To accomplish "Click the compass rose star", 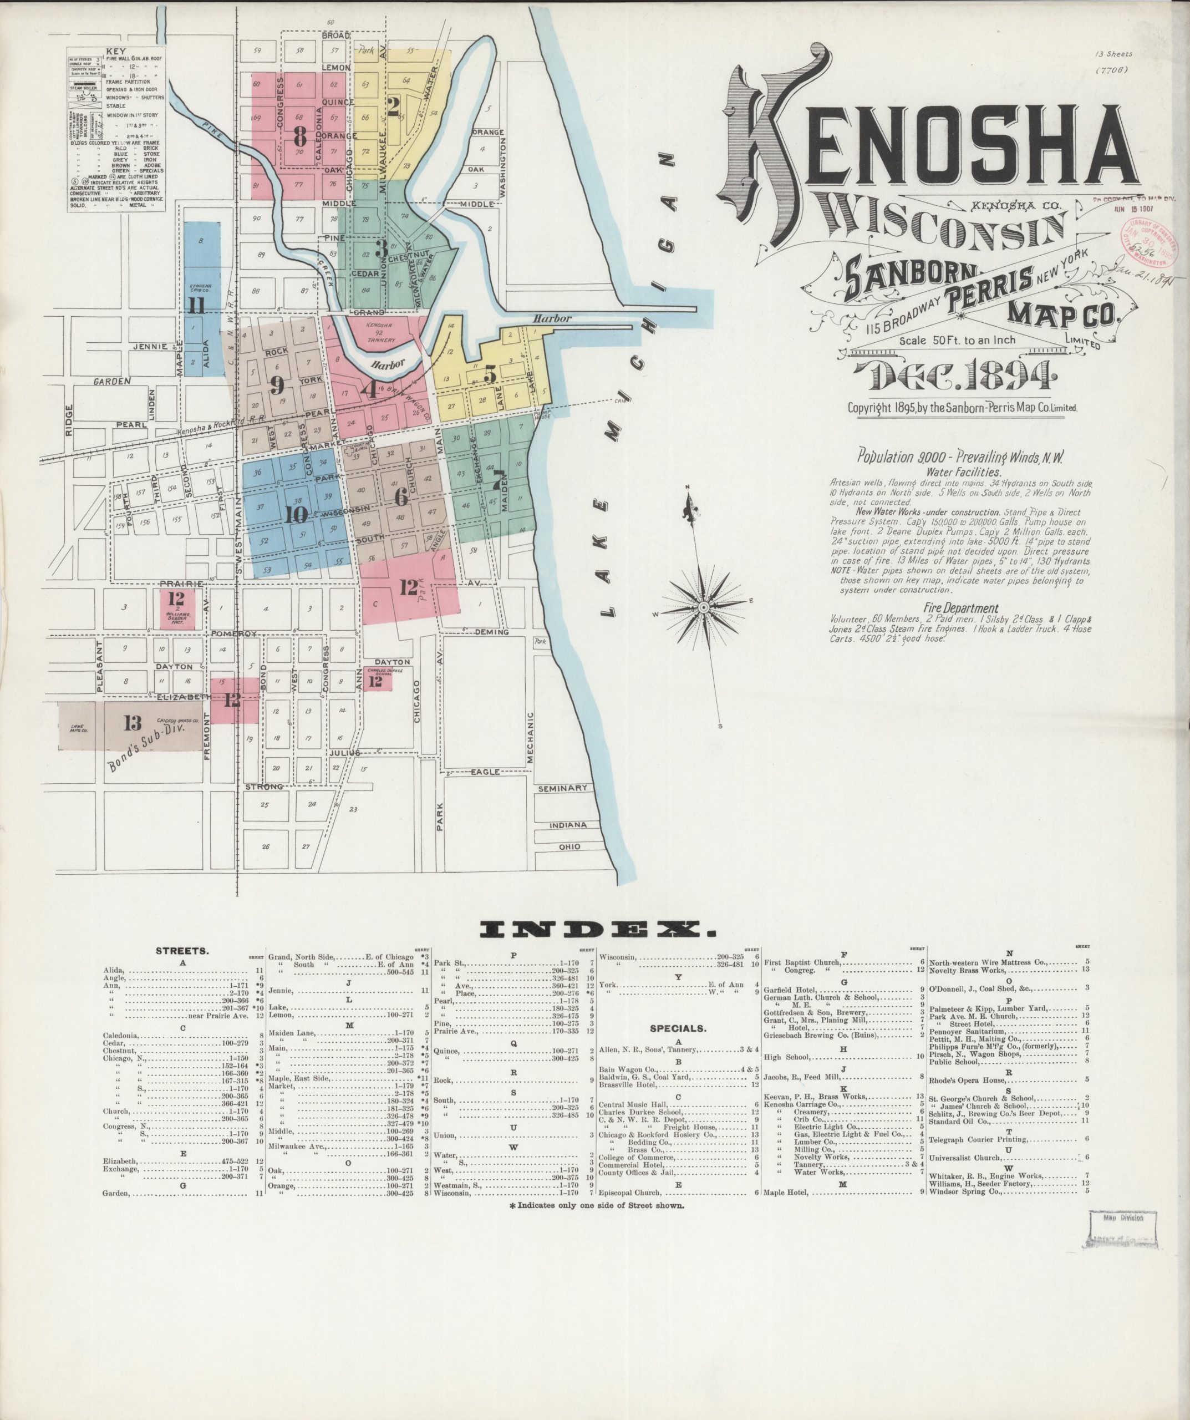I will (703, 608).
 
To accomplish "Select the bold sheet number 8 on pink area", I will (300, 137).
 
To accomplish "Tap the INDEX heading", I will (597, 931).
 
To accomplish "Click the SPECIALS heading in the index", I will (678, 1028).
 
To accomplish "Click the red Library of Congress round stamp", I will (1147, 244).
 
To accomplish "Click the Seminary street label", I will (562, 788).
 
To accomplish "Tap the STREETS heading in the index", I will (182, 951).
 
